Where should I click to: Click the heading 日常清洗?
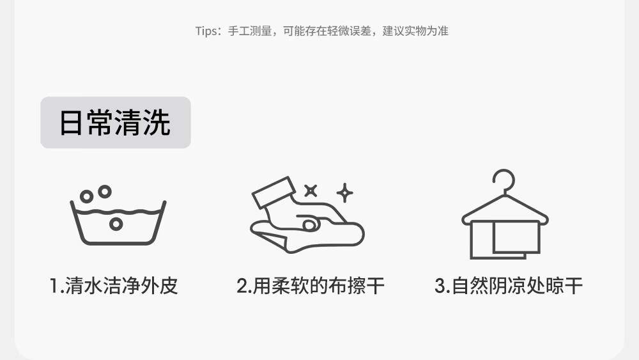click(x=115, y=122)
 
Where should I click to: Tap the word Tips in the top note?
click(x=206, y=31)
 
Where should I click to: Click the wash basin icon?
click(x=118, y=215)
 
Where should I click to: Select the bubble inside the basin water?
click(x=116, y=224)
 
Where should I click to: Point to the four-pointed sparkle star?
click(x=345, y=193)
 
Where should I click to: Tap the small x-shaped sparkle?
click(x=311, y=191)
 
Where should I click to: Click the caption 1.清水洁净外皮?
click(x=114, y=285)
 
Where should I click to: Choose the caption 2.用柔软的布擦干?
click(x=311, y=285)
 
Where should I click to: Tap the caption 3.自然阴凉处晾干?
click(x=509, y=285)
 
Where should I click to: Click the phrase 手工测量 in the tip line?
click(x=250, y=31)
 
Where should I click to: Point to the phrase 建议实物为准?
click(x=415, y=31)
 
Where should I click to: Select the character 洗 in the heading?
click(x=157, y=122)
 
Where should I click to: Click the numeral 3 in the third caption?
click(x=440, y=286)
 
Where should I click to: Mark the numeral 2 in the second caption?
click(x=242, y=286)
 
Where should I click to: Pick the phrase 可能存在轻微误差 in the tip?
click(x=327, y=31)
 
